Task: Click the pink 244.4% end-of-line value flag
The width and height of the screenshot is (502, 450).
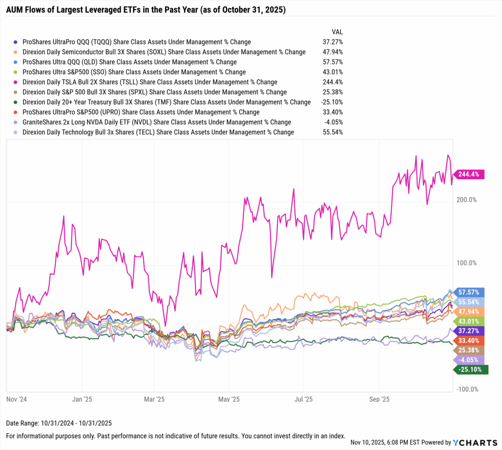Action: pyautogui.click(x=470, y=174)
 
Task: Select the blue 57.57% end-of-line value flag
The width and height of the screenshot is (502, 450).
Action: pyautogui.click(x=470, y=292)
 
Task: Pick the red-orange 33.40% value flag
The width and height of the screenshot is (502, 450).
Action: pyautogui.click(x=470, y=340)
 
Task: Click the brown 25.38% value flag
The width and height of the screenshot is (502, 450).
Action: pyautogui.click(x=470, y=350)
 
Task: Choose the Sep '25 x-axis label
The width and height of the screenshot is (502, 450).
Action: pyautogui.click(x=379, y=399)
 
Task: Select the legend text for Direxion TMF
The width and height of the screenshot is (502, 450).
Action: pyautogui.click(x=167, y=102)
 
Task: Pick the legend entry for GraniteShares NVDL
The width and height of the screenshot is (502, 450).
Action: pyautogui.click(x=157, y=122)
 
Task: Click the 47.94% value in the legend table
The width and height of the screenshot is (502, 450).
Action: pyautogui.click(x=332, y=52)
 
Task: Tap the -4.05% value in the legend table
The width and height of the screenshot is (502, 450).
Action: pyautogui.click(x=333, y=122)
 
